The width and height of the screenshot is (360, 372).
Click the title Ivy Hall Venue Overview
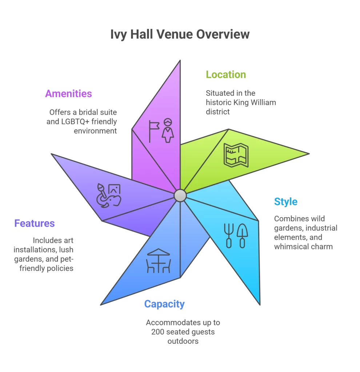click(180, 35)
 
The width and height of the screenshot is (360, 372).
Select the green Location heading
click(226, 75)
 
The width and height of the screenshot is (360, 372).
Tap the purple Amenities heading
click(68, 94)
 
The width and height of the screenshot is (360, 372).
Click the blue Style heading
click(286, 202)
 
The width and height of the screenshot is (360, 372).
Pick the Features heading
click(35, 223)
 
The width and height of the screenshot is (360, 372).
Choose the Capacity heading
click(164, 304)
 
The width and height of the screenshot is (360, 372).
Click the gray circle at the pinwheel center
click(180, 195)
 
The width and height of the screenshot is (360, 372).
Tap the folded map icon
click(236, 155)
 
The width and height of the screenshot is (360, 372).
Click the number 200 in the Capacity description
click(153, 332)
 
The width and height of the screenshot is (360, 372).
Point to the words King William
click(255, 102)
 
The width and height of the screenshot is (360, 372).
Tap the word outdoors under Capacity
click(183, 341)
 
